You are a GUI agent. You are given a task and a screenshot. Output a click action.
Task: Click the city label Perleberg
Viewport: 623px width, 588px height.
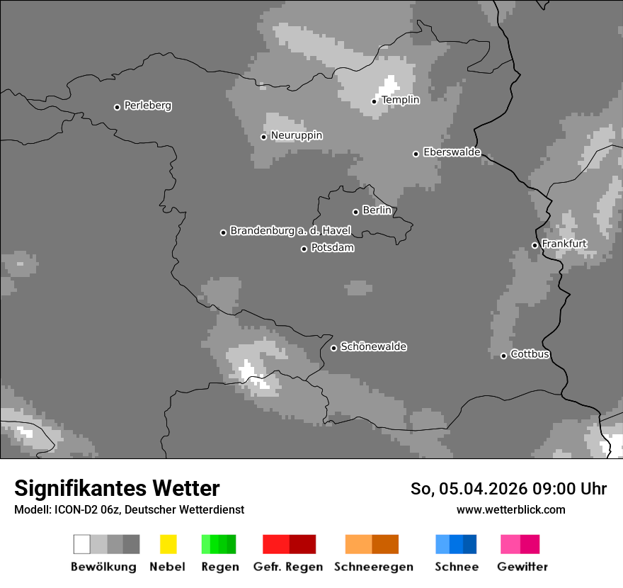147,106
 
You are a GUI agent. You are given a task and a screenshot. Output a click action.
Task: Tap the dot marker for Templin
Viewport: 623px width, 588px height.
374,101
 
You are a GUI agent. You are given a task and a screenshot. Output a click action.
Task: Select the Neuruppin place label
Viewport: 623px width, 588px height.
296,135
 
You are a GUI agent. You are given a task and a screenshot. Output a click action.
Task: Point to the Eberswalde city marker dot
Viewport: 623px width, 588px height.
416,154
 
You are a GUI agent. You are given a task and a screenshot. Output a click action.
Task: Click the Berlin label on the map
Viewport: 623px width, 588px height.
377,210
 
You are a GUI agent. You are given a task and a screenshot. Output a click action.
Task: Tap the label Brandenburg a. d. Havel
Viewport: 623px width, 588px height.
290,231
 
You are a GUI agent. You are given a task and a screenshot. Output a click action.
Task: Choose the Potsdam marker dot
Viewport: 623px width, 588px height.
304,249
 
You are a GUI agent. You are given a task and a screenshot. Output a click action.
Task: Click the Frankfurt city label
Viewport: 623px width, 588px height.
564,244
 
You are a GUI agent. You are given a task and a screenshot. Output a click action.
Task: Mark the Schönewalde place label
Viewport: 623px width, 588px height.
373,346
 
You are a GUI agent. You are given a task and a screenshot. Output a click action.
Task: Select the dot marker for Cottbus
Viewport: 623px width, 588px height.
503,356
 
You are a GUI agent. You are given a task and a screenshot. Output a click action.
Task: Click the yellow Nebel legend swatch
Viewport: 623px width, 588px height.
168,544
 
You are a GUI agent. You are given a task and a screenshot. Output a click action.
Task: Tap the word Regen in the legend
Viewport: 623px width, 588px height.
219,567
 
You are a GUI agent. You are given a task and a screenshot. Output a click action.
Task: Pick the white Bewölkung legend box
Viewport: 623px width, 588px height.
82,544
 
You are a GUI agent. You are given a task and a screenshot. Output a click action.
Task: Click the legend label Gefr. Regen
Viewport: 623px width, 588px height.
288,567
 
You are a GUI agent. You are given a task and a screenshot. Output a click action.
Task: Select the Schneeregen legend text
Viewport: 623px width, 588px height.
372,567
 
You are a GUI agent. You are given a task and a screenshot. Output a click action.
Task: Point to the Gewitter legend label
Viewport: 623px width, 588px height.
522,567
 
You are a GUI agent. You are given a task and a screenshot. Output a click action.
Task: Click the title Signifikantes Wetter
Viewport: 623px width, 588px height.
117,488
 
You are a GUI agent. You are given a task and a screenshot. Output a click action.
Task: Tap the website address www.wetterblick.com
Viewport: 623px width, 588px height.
510,509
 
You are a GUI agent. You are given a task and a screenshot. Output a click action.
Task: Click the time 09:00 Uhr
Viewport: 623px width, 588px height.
565,489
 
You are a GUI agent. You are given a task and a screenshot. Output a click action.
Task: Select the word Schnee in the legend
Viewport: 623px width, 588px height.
456,567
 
